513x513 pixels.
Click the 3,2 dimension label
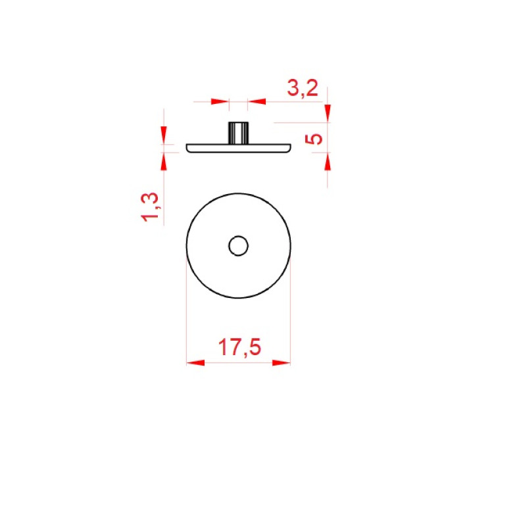point(303,88)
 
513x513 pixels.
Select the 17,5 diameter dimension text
point(239,347)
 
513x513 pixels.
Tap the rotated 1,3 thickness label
point(150,207)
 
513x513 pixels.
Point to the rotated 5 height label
point(314,139)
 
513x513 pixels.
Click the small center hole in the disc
point(238,246)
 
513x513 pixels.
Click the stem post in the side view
point(238,133)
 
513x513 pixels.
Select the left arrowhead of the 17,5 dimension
point(195,363)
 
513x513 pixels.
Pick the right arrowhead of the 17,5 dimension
point(281,363)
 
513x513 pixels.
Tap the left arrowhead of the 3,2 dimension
point(220,101)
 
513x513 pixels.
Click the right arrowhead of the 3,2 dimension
point(256,101)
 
